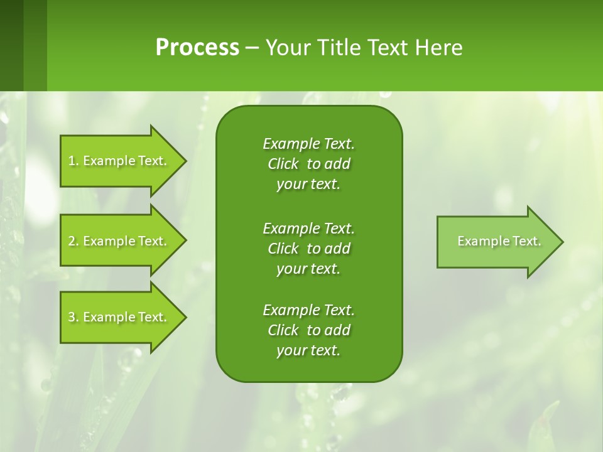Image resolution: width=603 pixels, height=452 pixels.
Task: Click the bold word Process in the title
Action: pos(197,48)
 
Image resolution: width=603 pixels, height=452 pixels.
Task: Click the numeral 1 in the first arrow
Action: pos(72,161)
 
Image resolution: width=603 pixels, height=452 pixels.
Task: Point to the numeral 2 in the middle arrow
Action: pos(72,241)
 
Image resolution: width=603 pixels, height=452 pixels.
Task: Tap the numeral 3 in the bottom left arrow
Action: pos(72,317)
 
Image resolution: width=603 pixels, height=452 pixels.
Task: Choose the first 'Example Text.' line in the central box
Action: pos(308,144)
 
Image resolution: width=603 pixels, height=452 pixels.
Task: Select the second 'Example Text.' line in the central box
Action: pos(308,228)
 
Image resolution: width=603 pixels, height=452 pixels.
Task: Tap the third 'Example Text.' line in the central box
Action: pos(308,310)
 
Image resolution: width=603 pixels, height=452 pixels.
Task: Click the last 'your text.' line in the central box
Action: pos(308,351)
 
